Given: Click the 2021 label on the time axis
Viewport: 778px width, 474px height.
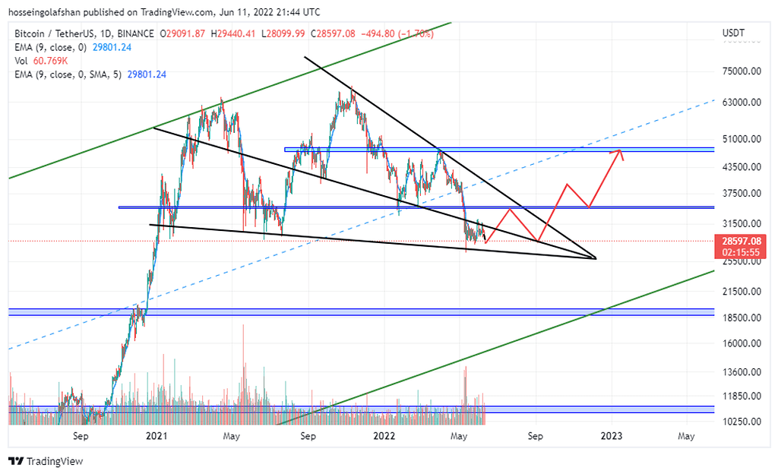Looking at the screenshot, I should point(157,436).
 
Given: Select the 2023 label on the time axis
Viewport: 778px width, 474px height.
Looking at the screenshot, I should point(612,436).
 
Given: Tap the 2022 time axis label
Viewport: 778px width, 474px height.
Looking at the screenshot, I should point(384,436).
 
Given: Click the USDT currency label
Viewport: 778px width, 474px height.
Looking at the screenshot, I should point(734,33).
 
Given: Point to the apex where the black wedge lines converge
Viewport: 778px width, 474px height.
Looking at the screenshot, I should point(596,259).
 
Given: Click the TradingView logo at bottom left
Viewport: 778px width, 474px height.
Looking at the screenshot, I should point(46,461).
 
